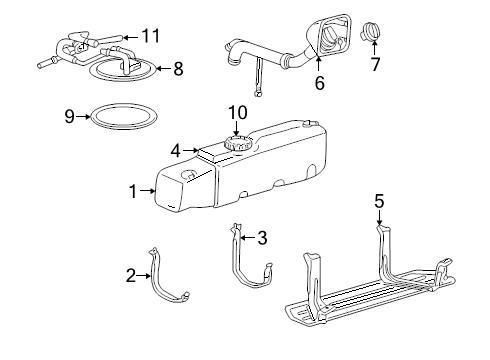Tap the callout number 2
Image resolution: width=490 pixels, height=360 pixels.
pos(132,274)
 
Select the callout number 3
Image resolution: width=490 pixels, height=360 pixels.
pos(262,238)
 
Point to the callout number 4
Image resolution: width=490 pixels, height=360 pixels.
pos(175,151)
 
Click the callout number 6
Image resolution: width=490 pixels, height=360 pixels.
pos(319,84)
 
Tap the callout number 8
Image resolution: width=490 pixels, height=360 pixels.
pos(178,69)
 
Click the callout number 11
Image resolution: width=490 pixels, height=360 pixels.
pos(151,36)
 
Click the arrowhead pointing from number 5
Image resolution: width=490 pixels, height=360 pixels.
pos(379,221)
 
